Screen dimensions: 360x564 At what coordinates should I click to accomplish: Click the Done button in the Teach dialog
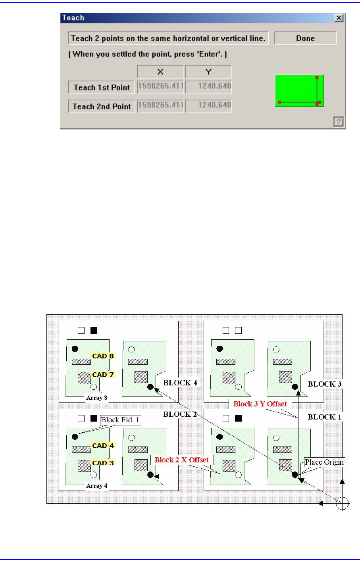pyautogui.click(x=305, y=38)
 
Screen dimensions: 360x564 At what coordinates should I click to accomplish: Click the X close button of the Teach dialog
pyautogui.click(x=339, y=18)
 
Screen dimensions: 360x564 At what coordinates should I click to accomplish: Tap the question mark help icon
pyautogui.click(x=338, y=122)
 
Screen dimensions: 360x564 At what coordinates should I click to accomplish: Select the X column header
pyautogui.click(x=160, y=72)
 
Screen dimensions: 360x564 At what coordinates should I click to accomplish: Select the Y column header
pyautogui.click(x=208, y=72)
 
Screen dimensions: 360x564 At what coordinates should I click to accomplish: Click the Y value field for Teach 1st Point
pyautogui.click(x=208, y=87)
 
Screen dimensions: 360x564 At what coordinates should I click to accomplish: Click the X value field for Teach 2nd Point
pyautogui.click(x=160, y=106)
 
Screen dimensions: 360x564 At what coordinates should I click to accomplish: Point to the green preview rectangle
pyautogui.click(x=299, y=91)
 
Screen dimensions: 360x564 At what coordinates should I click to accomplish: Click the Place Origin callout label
pyautogui.click(x=324, y=462)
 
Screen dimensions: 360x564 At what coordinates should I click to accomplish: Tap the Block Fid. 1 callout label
pyautogui.click(x=121, y=420)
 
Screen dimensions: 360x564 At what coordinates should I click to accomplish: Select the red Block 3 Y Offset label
pyautogui.click(x=260, y=404)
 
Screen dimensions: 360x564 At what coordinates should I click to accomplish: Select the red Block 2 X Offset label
pyautogui.click(x=182, y=460)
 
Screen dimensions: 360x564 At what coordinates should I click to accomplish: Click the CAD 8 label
pyautogui.click(x=103, y=356)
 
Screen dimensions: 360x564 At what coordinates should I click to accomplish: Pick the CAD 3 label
pyautogui.click(x=103, y=463)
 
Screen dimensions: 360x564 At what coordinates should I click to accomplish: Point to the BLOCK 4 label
pyautogui.click(x=180, y=383)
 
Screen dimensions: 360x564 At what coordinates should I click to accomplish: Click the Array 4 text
pyautogui.click(x=96, y=486)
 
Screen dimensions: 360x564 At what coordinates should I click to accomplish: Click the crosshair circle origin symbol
pyautogui.click(x=342, y=504)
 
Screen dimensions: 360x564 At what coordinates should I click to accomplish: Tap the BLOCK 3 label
pyautogui.click(x=325, y=384)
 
